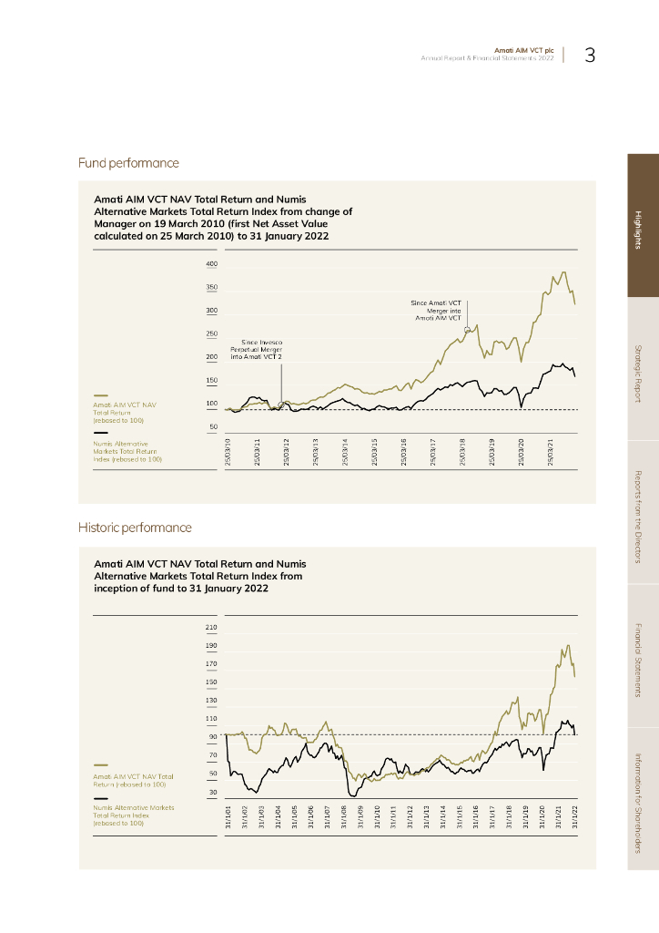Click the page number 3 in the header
[590, 56]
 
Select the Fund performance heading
[128, 163]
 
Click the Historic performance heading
[135, 528]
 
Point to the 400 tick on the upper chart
[211, 264]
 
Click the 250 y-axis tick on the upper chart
[211, 334]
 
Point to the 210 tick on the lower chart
[211, 628]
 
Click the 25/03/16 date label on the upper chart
[403, 452]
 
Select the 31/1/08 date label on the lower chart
[344, 817]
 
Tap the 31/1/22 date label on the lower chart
[574, 817]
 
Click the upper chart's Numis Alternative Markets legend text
[126, 451]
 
